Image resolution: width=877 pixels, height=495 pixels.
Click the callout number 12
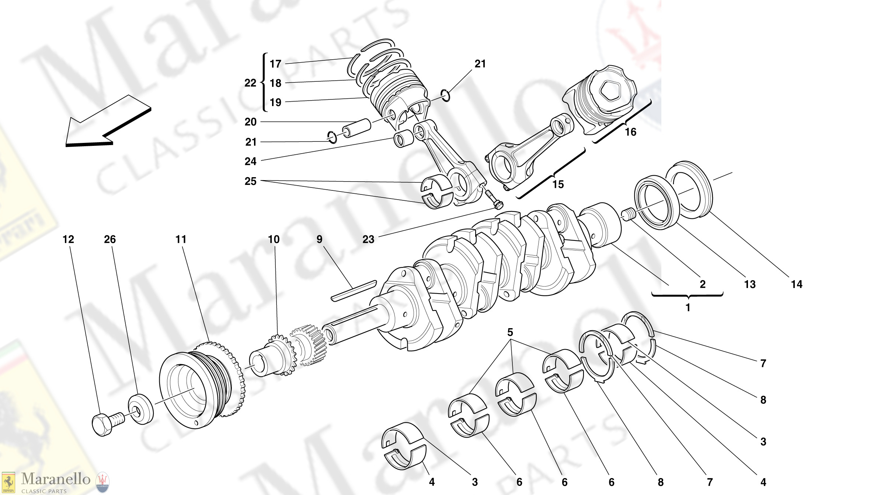click(68, 239)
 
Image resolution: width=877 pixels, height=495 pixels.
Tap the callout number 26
click(110, 239)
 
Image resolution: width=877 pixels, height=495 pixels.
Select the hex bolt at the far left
click(105, 424)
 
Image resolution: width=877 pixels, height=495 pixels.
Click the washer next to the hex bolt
click(140, 409)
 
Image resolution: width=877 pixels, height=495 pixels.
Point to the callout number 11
click(181, 239)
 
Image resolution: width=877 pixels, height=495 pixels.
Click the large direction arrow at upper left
click(107, 122)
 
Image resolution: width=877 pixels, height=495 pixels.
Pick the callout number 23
click(368, 239)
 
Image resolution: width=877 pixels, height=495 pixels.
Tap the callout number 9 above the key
click(319, 239)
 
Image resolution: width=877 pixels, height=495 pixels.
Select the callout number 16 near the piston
click(630, 132)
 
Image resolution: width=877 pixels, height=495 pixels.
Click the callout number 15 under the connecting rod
click(558, 184)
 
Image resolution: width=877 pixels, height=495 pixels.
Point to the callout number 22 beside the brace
click(250, 83)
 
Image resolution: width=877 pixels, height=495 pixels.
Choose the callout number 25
click(250, 181)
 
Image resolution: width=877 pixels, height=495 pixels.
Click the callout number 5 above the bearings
click(510, 332)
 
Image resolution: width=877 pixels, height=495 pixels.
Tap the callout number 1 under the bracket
click(688, 307)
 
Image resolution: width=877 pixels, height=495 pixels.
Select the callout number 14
click(796, 284)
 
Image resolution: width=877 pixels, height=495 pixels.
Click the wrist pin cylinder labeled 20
click(356, 128)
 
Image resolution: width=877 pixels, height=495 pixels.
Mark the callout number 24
click(250, 161)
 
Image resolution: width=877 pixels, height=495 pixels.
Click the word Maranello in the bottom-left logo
click(56, 479)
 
